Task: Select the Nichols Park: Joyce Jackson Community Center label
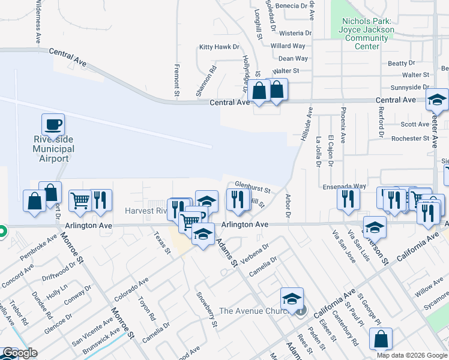click(366, 30)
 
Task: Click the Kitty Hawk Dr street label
click(219, 47)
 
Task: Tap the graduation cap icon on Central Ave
click(438, 100)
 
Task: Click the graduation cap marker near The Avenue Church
click(292, 299)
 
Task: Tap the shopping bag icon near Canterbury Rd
click(381, 339)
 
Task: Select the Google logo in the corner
click(19, 353)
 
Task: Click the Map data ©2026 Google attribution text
click(412, 355)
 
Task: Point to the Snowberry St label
click(206, 310)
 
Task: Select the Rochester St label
click(406, 139)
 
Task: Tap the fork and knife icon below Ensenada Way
click(348, 199)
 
